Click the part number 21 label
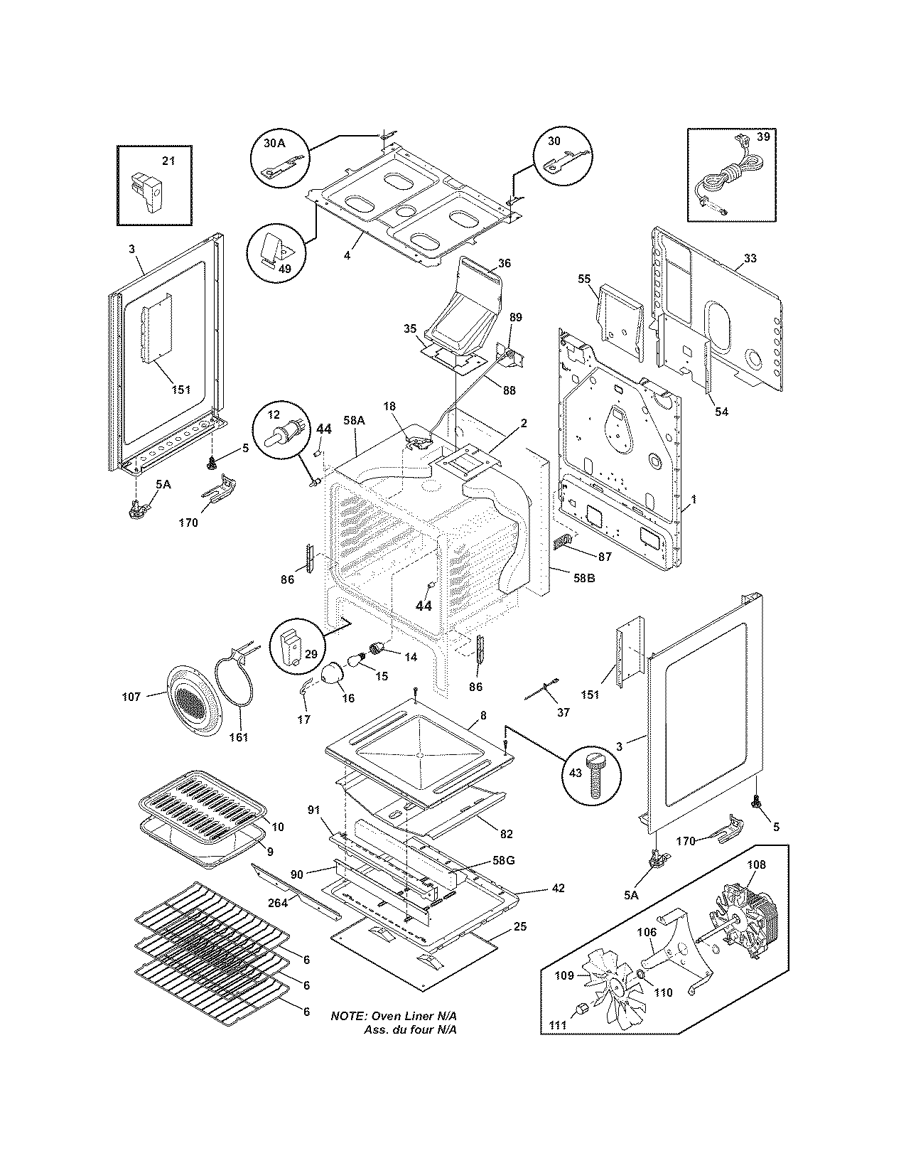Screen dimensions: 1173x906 (x=168, y=161)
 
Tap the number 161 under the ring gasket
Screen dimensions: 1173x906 (x=238, y=737)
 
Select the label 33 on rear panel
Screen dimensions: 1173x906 (x=750, y=258)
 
